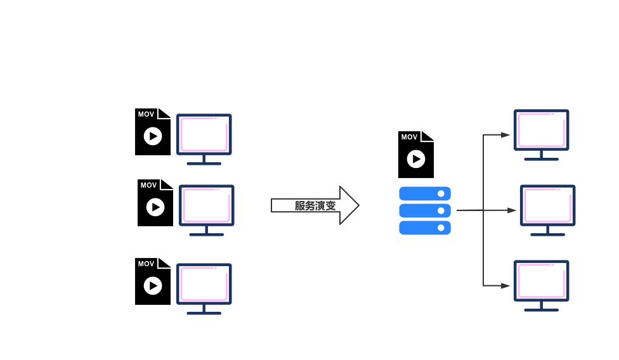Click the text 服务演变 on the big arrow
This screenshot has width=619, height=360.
click(x=315, y=205)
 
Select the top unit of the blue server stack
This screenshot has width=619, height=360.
click(x=424, y=193)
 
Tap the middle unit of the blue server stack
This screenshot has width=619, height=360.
click(x=424, y=210)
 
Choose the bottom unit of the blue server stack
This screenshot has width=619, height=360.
click(x=424, y=228)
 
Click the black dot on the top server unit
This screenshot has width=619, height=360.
click(x=441, y=193)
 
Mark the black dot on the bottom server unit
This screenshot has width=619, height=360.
click(x=441, y=228)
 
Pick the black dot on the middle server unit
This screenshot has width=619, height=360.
click(x=441, y=210)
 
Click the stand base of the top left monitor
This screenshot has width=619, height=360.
click(x=204, y=164)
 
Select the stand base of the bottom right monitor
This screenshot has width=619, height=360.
click(x=541, y=310)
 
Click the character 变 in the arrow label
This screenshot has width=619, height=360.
click(x=330, y=205)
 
